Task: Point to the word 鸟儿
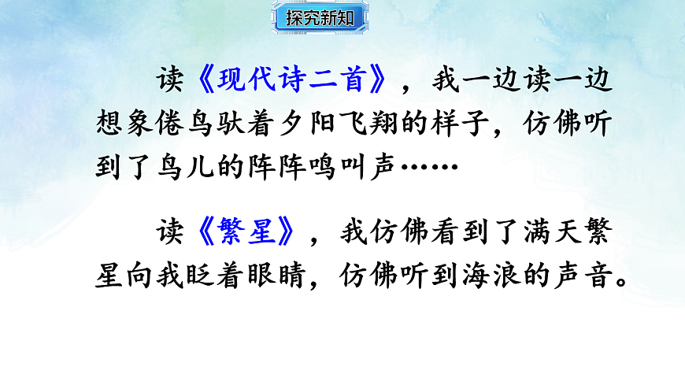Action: click(x=194, y=168)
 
